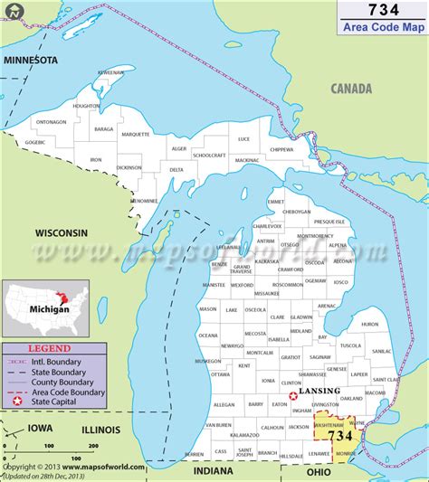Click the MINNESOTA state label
31,60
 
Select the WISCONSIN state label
62,232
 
